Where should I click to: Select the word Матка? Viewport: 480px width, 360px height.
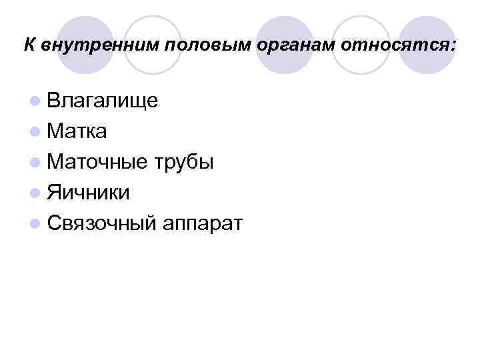[77, 131]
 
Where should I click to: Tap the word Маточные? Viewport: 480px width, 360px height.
[99, 162]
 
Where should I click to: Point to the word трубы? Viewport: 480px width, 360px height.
[184, 162]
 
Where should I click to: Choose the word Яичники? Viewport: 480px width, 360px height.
[89, 193]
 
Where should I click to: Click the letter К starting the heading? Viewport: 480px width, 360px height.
[30, 45]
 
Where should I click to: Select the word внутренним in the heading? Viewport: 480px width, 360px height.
[99, 46]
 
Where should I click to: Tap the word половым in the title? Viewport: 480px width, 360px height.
[201, 46]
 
